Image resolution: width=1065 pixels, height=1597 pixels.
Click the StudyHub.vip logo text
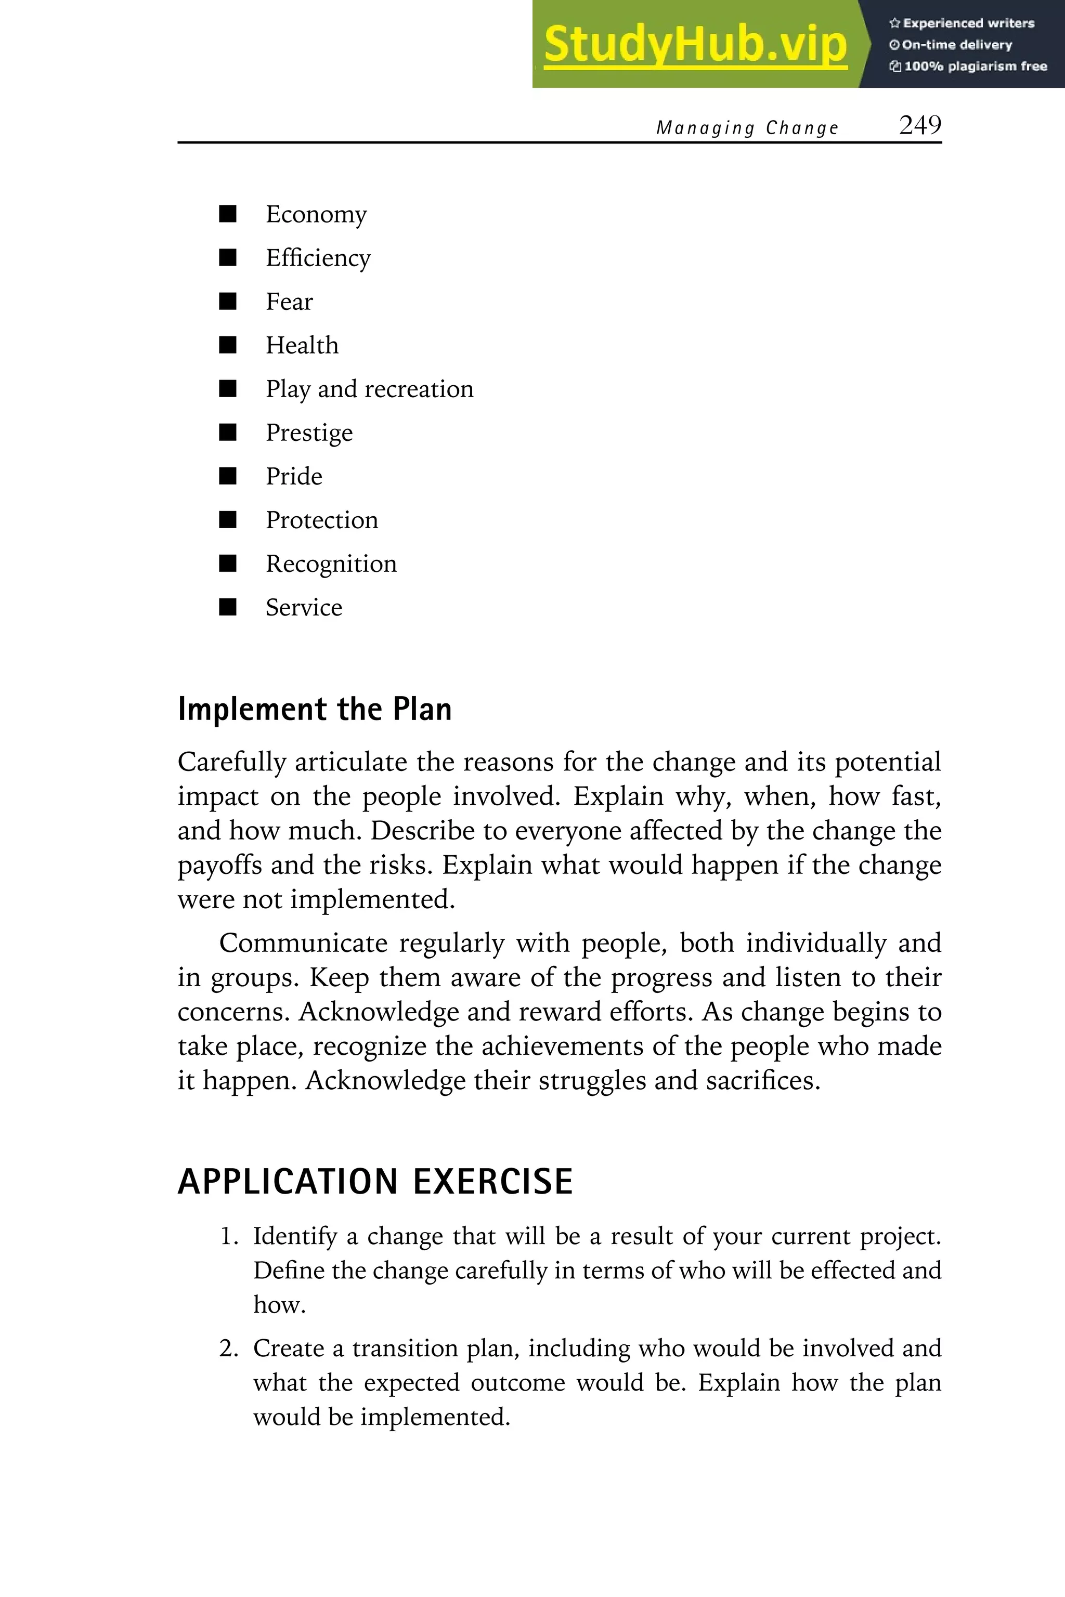[695, 45]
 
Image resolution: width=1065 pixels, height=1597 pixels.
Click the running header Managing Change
[747, 128]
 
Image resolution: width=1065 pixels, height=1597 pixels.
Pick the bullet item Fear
[289, 302]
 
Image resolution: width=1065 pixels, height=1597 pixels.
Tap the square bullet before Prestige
[228, 433]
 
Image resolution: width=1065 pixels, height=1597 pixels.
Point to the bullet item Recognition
[331, 564]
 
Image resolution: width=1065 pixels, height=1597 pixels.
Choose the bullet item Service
[304, 607]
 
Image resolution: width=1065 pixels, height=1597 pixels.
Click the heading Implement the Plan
[315, 709]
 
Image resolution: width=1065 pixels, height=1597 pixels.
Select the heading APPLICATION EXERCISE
[375, 1182]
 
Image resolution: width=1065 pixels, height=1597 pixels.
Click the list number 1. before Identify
[228, 1236]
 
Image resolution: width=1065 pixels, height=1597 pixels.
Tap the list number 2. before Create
[228, 1349]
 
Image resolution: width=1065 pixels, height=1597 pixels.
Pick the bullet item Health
[302, 346]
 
